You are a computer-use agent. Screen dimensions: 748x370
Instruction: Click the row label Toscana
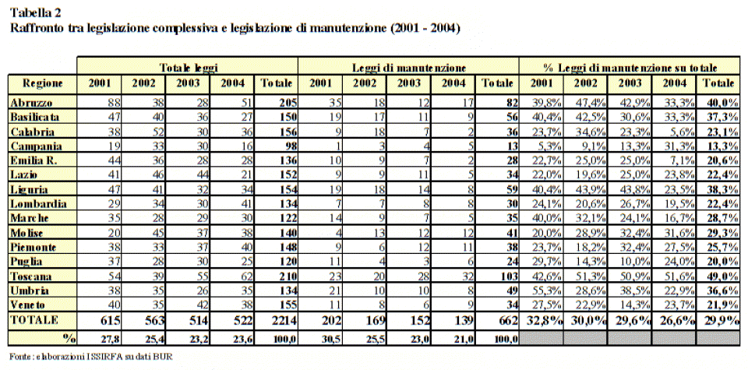(31, 276)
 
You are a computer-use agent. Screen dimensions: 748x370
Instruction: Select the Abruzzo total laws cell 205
(288, 102)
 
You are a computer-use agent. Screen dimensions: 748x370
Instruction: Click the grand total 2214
(286, 320)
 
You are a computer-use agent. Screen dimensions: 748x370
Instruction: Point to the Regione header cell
(42, 83)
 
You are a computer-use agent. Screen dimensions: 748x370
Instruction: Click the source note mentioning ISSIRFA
(90, 356)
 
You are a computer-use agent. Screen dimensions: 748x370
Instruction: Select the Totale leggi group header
(189, 68)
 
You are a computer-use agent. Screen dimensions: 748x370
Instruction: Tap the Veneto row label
(28, 305)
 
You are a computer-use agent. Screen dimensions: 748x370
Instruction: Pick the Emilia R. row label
(34, 160)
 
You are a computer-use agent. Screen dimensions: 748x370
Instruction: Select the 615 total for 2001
(111, 320)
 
